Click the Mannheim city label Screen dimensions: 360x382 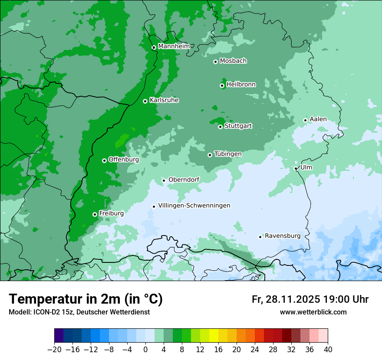pos(174,46)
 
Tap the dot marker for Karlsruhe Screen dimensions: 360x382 pos(145,101)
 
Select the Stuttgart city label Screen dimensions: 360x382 pos(238,126)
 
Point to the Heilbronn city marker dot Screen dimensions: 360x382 pos(222,85)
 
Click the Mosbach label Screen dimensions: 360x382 pos(233,61)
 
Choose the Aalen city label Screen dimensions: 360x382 pos(318,119)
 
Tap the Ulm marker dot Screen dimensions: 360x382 pos(296,168)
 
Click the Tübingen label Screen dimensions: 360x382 pos(228,154)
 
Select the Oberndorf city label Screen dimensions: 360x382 pos(184,180)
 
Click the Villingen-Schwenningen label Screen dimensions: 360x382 pos(194,206)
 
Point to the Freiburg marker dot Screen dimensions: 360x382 pos(95,214)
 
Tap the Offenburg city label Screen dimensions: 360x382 pos(124,160)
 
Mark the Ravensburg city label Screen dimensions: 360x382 pos(283,236)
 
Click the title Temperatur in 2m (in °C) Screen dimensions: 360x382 pos(86,299)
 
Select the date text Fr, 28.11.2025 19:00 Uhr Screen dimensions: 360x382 pos(310,300)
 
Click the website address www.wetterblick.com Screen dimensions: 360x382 pos(313,312)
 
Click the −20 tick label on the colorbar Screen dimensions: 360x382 pos(55,350)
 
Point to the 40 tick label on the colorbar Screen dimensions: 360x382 pos(328,350)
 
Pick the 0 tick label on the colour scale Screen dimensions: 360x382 pos(145,350)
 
